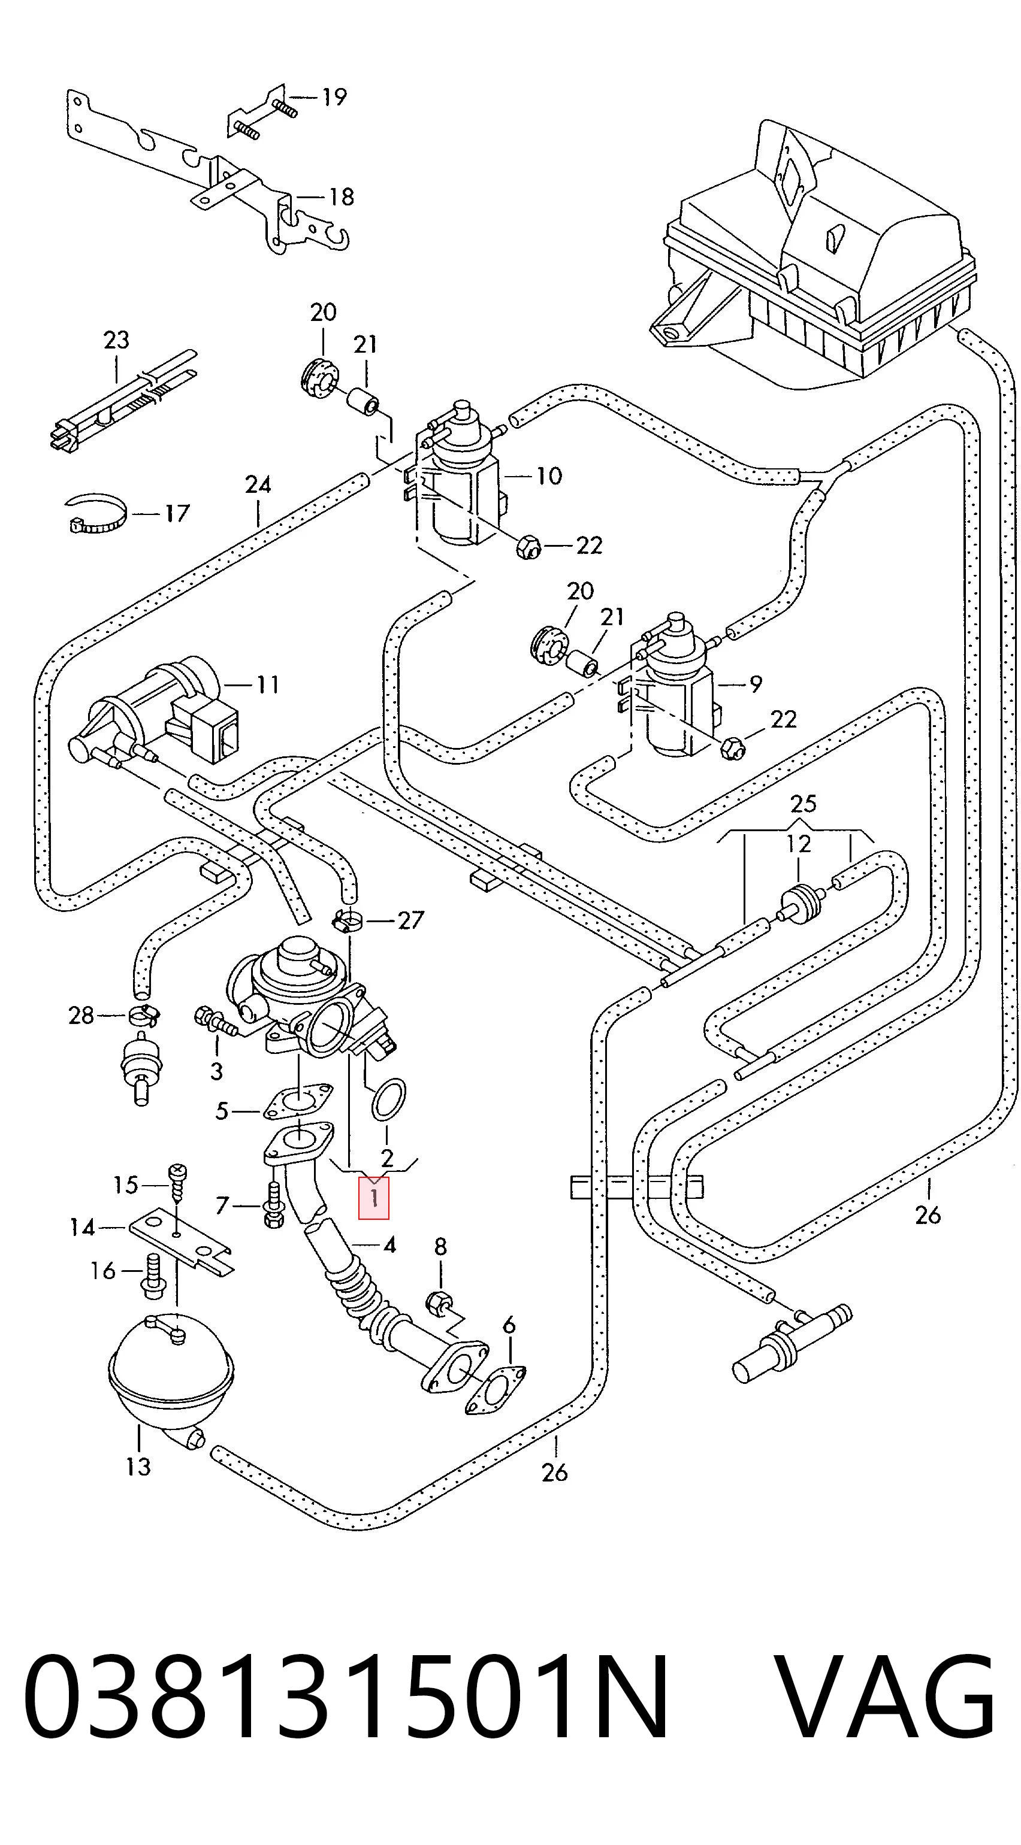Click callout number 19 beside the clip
(x=333, y=96)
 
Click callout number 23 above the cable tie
(x=116, y=340)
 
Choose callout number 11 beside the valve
(x=267, y=686)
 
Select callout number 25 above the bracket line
(x=803, y=804)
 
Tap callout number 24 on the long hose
(x=258, y=485)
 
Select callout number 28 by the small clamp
(x=81, y=1015)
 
